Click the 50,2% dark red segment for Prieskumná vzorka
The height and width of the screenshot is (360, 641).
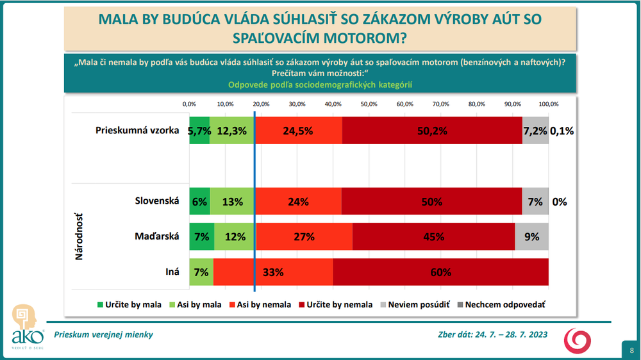tap(432, 131)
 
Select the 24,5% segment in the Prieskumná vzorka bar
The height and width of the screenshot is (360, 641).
tap(298, 131)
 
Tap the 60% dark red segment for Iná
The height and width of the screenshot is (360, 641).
tap(440, 272)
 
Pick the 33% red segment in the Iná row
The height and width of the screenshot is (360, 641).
tap(273, 272)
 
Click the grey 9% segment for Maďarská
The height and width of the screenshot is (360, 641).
tap(531, 236)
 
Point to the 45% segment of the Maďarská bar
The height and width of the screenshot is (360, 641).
tap(433, 236)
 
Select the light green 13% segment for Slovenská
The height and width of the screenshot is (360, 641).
tap(232, 201)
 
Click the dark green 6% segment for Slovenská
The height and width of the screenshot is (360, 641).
tap(199, 201)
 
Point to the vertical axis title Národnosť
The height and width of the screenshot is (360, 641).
tap(80, 237)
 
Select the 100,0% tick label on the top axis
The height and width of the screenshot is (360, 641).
tap(548, 104)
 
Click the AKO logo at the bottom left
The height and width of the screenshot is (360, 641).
tap(26, 327)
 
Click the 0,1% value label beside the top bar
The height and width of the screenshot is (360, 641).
tap(562, 131)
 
